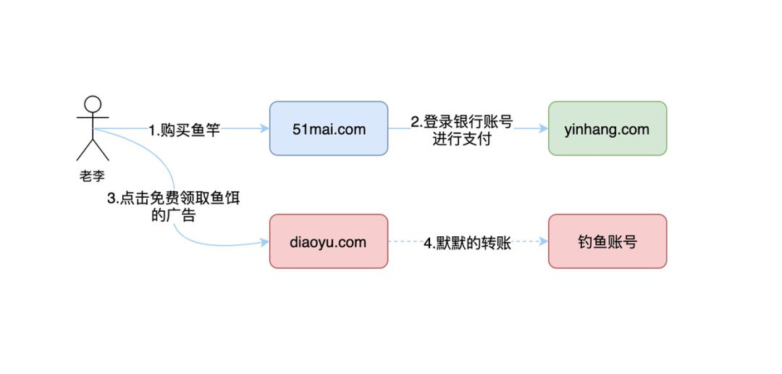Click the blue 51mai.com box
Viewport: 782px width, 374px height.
(329, 128)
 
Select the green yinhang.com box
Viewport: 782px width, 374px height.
(607, 128)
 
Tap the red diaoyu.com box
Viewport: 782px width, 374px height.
(329, 241)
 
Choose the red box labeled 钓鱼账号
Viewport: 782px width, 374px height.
(607, 241)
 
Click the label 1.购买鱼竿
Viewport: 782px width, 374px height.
(185, 130)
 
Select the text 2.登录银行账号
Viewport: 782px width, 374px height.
(462, 122)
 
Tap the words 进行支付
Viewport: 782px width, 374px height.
(462, 138)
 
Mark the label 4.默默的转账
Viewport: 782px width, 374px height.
(468, 243)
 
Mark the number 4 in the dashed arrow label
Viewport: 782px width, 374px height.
(427, 243)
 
